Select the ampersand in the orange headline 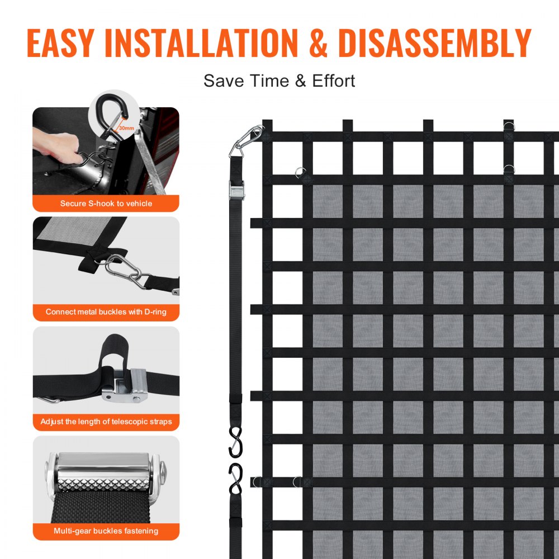pos(319,43)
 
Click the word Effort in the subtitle pos(333,80)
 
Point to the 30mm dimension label pos(126,128)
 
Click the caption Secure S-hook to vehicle pos(106,203)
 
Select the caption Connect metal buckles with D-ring pos(106,312)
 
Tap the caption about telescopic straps pos(106,421)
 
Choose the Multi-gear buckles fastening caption pos(106,531)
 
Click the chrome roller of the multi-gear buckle pos(106,463)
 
